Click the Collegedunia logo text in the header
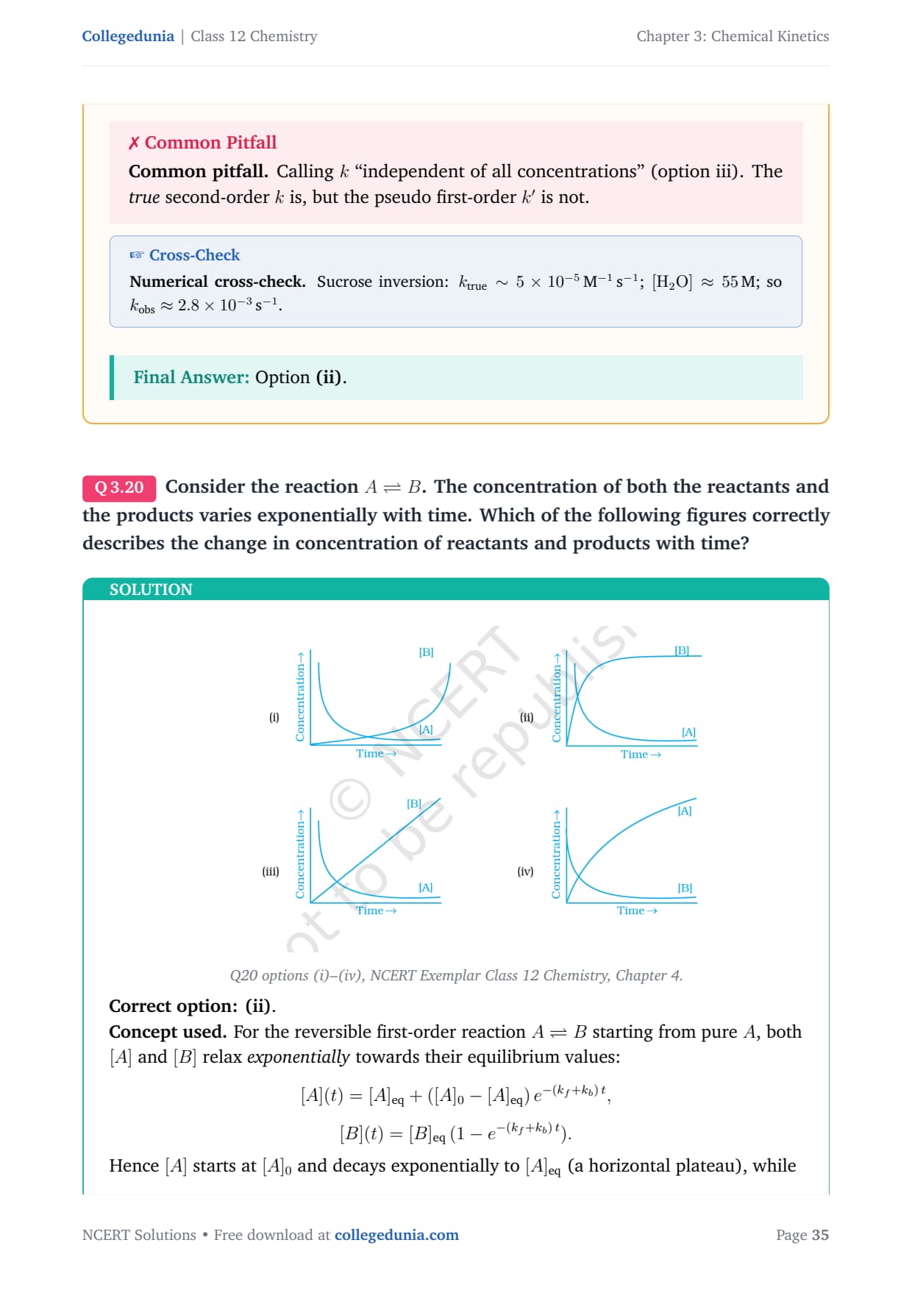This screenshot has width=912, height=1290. click(128, 36)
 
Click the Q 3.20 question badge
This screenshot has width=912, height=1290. click(119, 488)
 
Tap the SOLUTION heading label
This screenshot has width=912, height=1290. click(151, 590)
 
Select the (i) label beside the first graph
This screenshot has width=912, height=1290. click(274, 717)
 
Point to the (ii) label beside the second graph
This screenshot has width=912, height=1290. click(527, 717)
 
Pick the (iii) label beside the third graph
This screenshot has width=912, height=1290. click(271, 872)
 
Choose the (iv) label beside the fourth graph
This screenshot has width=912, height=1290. click(525, 872)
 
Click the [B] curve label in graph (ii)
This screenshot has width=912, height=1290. click(682, 650)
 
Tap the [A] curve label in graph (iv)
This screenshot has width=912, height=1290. click(685, 810)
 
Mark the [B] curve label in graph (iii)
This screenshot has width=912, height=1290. click(414, 804)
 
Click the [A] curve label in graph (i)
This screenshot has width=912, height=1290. click(426, 730)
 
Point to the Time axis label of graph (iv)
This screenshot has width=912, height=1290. click(637, 911)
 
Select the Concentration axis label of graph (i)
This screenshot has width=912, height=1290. click(300, 696)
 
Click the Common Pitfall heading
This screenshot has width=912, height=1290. click(203, 143)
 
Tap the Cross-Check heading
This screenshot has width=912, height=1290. click(185, 255)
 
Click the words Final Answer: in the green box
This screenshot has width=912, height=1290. click(191, 377)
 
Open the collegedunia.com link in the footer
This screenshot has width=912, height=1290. click(396, 1235)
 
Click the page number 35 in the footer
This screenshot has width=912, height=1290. click(820, 1235)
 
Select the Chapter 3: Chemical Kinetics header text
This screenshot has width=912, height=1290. click(733, 36)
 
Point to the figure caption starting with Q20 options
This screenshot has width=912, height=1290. click(456, 975)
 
